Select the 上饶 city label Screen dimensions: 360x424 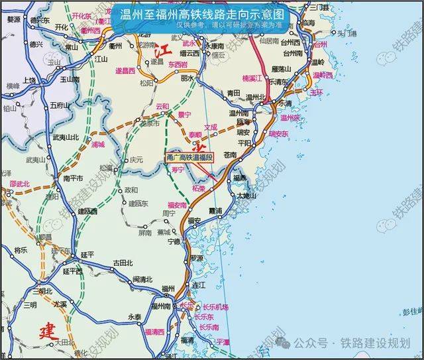pyautogui.click(x=29, y=80)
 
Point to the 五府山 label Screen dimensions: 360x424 pyautogui.click(x=60, y=105)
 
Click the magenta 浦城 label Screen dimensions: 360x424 pyautogui.click(x=98, y=143)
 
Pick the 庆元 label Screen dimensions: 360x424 pyautogui.click(x=136, y=159)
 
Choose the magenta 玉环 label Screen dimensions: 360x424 pyautogui.click(x=317, y=92)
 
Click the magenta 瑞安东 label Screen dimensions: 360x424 pyautogui.click(x=278, y=134)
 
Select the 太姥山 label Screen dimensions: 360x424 pyautogui.click(x=247, y=196)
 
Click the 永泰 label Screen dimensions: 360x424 pyautogui.click(x=135, y=317)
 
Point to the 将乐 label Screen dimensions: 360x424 pyautogui.click(x=21, y=249)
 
